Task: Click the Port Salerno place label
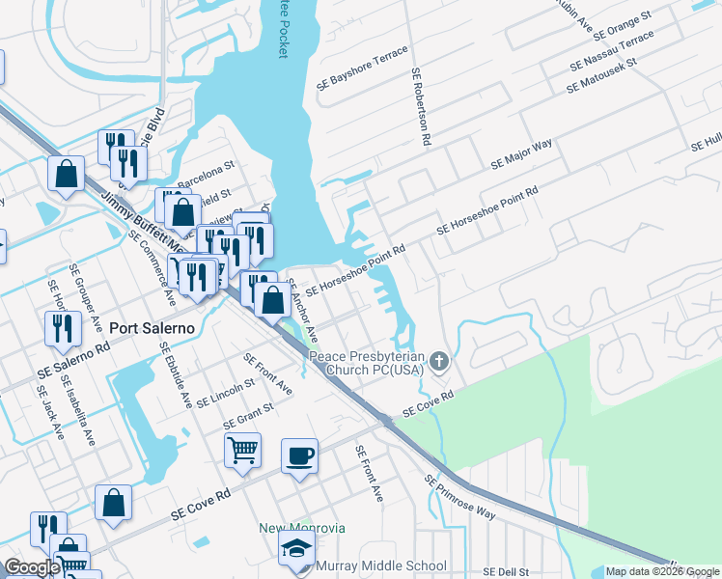tap(152, 328)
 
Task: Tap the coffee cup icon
tap(299, 455)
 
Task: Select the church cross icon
tap(439, 363)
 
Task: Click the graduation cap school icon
tap(295, 549)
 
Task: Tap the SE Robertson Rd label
tap(420, 106)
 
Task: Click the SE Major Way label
tap(521, 154)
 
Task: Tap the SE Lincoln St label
tap(225, 392)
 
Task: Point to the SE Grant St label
tap(248, 416)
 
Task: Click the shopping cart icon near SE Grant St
tap(242, 448)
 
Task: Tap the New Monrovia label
tap(301, 528)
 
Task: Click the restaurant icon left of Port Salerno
tap(62, 327)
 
